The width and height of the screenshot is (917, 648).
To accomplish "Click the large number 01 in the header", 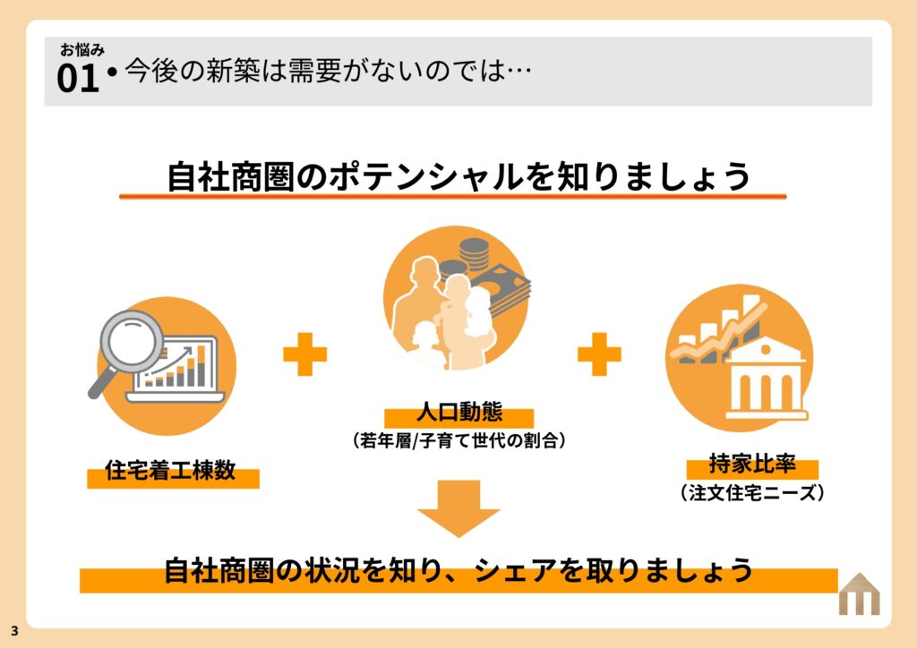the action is pyautogui.click(x=78, y=78).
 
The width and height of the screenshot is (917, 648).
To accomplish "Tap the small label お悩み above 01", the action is pyautogui.click(x=81, y=49).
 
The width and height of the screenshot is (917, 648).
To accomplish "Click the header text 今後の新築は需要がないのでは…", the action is pyautogui.click(x=328, y=71).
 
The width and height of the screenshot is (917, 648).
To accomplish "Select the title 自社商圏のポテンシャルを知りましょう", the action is pyautogui.click(x=459, y=176).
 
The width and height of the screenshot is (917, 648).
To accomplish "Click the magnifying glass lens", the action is pyautogui.click(x=132, y=341).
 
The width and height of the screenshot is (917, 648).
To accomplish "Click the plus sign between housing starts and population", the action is pyautogui.click(x=304, y=354).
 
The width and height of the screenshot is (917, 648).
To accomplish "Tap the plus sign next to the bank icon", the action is pyautogui.click(x=599, y=354).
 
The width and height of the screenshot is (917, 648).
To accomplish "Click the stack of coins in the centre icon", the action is pyautogui.click(x=474, y=254).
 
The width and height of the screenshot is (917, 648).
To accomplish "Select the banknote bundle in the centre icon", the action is pyautogui.click(x=504, y=289).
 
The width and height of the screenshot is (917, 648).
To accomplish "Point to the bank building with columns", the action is pyautogui.click(x=767, y=379).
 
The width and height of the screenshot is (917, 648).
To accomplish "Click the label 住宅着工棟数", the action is pyautogui.click(x=170, y=471).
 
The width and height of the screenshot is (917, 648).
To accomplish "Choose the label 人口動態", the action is pyautogui.click(x=459, y=412).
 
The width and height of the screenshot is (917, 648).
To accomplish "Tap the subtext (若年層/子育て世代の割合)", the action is pyautogui.click(x=459, y=440).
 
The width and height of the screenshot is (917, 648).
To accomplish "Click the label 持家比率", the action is pyautogui.click(x=752, y=464).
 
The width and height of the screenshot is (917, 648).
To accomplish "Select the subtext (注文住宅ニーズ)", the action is pyautogui.click(x=752, y=492).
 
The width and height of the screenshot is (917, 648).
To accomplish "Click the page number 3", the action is pyautogui.click(x=14, y=631).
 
